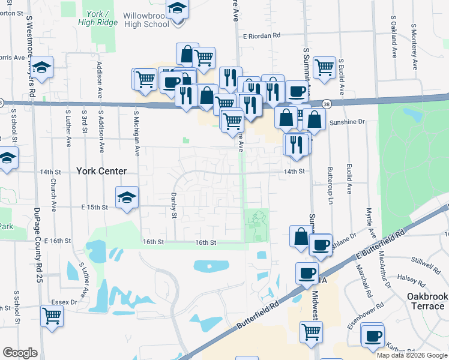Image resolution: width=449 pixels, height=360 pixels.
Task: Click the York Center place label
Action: [x=101, y=171]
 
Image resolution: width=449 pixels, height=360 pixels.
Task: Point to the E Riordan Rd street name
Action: [x=262, y=36]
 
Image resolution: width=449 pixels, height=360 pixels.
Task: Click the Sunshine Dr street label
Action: [x=347, y=122]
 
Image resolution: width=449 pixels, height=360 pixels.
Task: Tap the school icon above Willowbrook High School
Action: [x=177, y=10]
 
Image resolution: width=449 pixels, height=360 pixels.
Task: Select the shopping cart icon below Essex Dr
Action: [x=52, y=315]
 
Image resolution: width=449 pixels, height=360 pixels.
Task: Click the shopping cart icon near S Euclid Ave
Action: [x=324, y=67]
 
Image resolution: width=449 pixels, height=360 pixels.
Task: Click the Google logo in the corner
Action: [x=20, y=353]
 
